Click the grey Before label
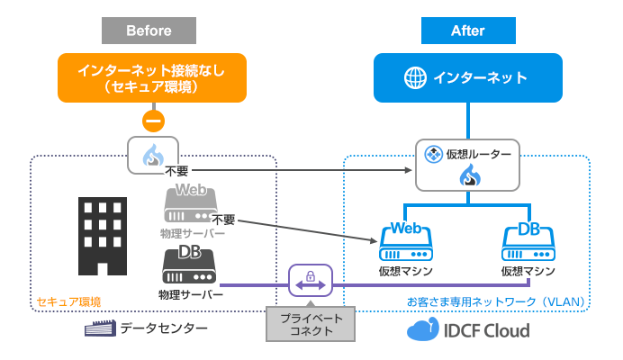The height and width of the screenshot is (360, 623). point(149,31)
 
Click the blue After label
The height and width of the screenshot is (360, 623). point(467,31)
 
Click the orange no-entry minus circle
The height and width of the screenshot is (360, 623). point(153,121)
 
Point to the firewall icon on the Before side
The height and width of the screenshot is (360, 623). point(153,156)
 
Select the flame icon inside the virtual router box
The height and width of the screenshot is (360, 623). point(467,175)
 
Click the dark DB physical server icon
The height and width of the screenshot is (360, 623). point(190,266)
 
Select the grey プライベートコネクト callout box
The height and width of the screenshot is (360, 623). point(310,323)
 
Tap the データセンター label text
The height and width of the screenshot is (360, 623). point(165,329)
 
